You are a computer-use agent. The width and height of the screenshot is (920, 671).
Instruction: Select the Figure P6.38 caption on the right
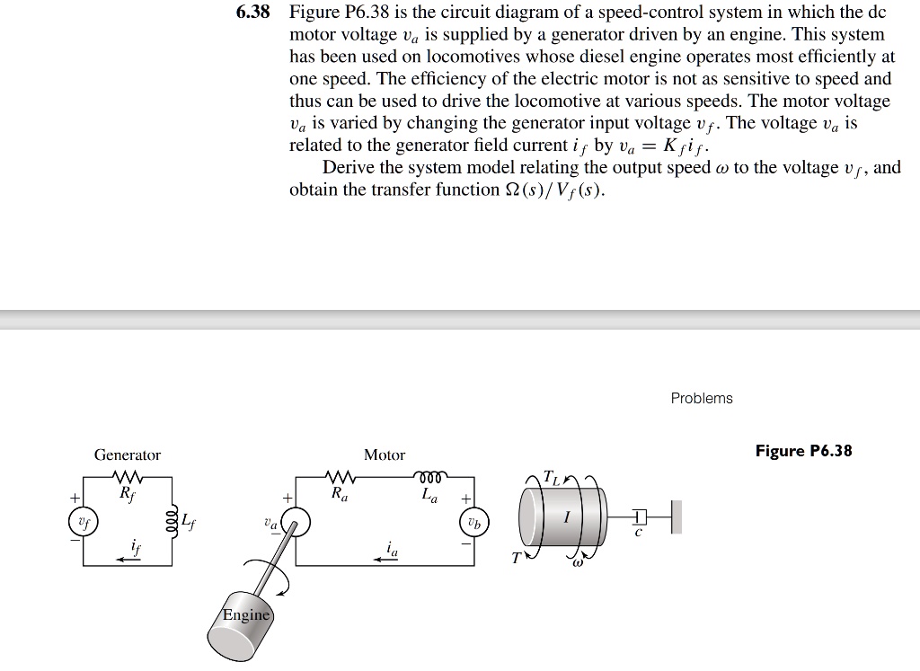803,451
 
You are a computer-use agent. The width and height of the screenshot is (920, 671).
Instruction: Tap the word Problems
702,398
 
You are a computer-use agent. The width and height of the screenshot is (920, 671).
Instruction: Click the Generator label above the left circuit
128,455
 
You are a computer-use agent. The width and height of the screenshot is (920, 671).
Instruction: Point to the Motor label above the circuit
385,455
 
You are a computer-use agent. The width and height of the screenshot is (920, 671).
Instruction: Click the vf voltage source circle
84,521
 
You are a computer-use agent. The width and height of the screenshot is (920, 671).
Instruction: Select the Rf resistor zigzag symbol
128,477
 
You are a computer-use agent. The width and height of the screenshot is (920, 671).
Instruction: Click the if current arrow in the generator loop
126,557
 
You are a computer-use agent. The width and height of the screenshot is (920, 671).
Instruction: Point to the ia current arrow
386,557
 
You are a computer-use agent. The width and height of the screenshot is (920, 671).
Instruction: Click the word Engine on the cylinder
245,615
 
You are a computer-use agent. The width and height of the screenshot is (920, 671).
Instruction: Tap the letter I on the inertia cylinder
566,518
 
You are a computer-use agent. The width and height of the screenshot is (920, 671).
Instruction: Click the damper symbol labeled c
639,519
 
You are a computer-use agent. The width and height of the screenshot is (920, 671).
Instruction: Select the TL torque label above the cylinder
554,479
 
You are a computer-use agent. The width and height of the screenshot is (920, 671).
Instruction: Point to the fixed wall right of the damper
677,518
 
